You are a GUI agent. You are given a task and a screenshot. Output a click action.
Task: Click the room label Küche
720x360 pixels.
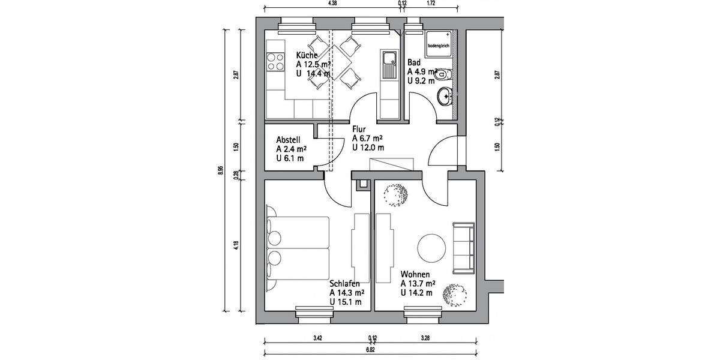click(x=307, y=55)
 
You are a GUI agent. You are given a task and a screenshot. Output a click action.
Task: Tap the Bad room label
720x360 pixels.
click(x=413, y=62)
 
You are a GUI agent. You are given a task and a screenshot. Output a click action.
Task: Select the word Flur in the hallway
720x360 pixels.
click(x=359, y=128)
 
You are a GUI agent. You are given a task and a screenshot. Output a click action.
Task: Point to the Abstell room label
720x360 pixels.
click(x=289, y=139)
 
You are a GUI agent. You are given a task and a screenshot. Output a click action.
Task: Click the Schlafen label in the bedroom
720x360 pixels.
click(x=344, y=283)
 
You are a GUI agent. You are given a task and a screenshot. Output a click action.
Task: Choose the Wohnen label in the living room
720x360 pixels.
click(x=416, y=274)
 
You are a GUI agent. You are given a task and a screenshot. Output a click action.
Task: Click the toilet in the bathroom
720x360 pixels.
click(x=443, y=74)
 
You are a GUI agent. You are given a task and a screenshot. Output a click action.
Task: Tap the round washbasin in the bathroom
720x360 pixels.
click(x=445, y=95)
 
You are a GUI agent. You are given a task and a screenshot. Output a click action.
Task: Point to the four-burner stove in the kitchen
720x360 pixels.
click(x=275, y=61)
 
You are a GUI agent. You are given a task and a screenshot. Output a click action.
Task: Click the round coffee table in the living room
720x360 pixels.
click(x=431, y=246)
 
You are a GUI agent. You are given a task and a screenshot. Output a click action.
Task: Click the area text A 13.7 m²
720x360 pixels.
click(x=418, y=283)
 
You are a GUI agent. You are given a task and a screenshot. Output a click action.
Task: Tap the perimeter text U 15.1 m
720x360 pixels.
click(x=346, y=302)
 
